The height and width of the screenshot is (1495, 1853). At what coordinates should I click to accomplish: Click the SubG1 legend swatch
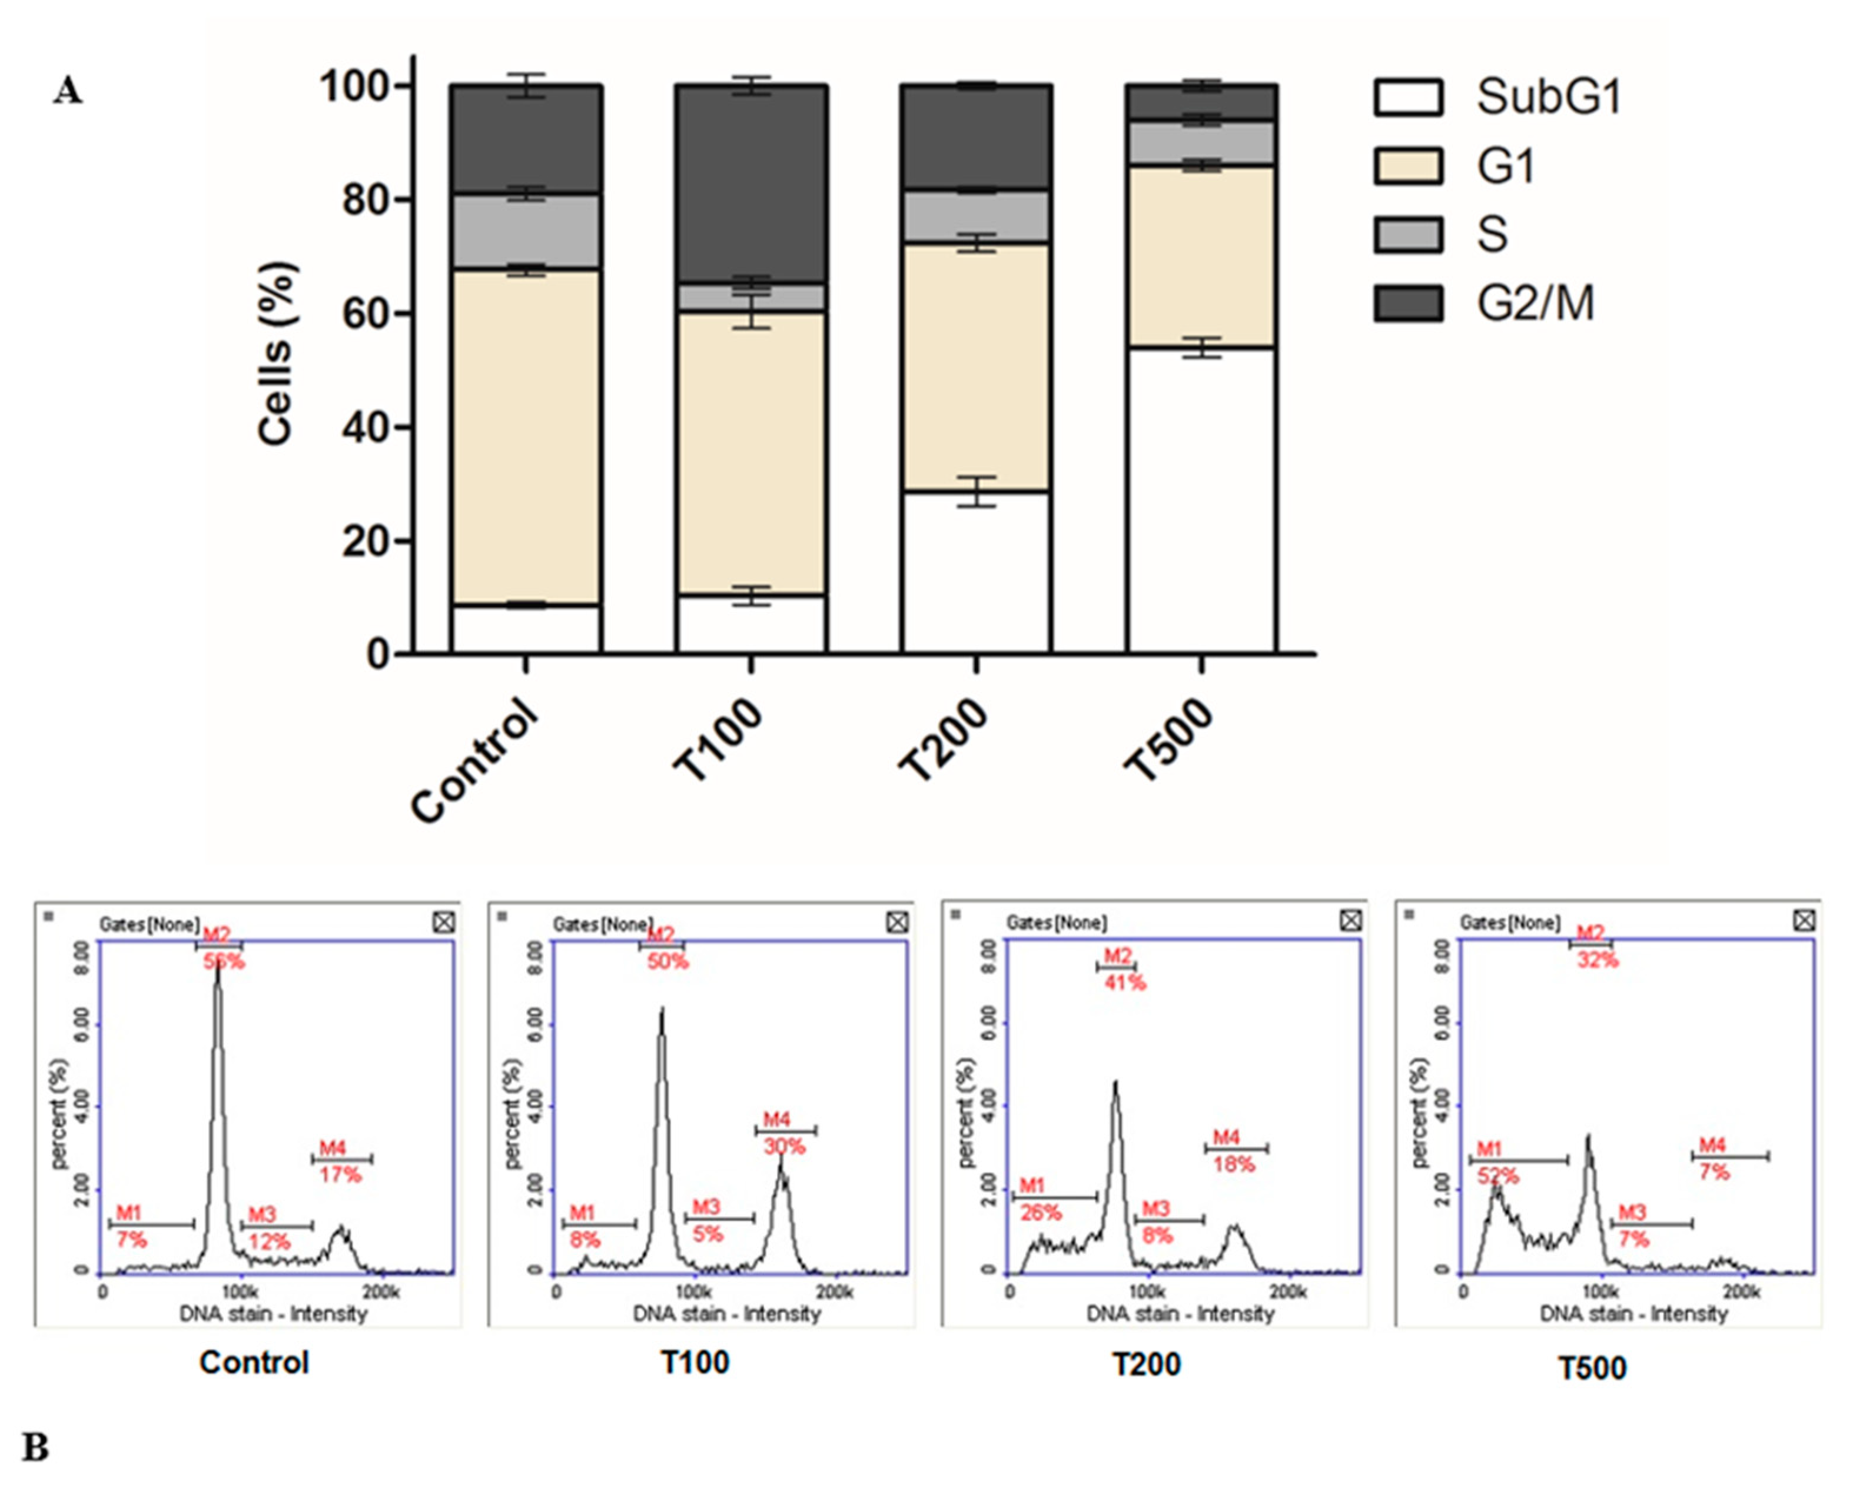pyautogui.click(x=1407, y=96)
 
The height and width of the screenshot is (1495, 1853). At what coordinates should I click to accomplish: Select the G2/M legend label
pyautogui.click(x=1535, y=303)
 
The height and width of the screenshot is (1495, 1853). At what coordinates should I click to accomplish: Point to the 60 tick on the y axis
pyautogui.click(x=368, y=314)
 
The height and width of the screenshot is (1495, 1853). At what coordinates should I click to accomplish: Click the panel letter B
pyautogui.click(x=35, y=1447)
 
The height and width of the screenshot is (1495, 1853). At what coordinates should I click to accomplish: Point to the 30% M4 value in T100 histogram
pyautogui.click(x=784, y=1146)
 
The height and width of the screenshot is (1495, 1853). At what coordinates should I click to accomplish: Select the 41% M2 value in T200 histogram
pyautogui.click(x=1125, y=983)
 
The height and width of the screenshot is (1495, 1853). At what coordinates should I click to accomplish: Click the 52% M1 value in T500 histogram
pyautogui.click(x=1498, y=1176)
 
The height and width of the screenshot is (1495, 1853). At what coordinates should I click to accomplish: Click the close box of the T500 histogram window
pyautogui.click(x=1804, y=921)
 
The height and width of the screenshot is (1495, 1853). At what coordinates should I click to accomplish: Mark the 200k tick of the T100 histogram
pyautogui.click(x=834, y=1292)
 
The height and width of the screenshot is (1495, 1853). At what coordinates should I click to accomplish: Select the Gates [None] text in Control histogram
pyautogui.click(x=149, y=925)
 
